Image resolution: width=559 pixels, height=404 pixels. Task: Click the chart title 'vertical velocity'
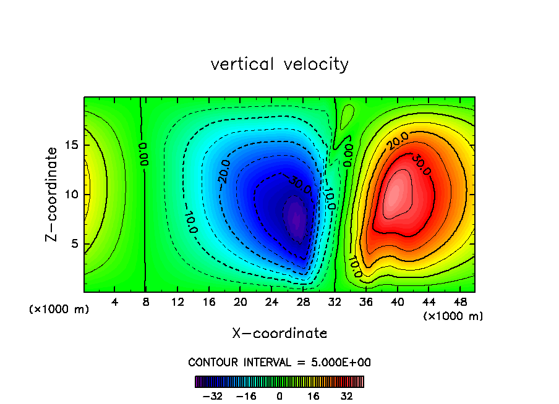(x=279, y=64)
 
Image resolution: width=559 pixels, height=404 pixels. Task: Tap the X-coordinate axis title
(x=279, y=334)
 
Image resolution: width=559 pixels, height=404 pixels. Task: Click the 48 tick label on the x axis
(x=460, y=303)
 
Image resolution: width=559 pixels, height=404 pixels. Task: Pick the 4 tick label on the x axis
(x=115, y=303)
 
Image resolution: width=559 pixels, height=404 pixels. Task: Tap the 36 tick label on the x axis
(x=366, y=303)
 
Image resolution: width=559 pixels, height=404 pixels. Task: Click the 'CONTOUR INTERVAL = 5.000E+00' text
(x=279, y=363)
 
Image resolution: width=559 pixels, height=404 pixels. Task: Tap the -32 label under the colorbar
(x=213, y=395)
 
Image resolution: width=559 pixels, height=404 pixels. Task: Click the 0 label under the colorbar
(x=279, y=395)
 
